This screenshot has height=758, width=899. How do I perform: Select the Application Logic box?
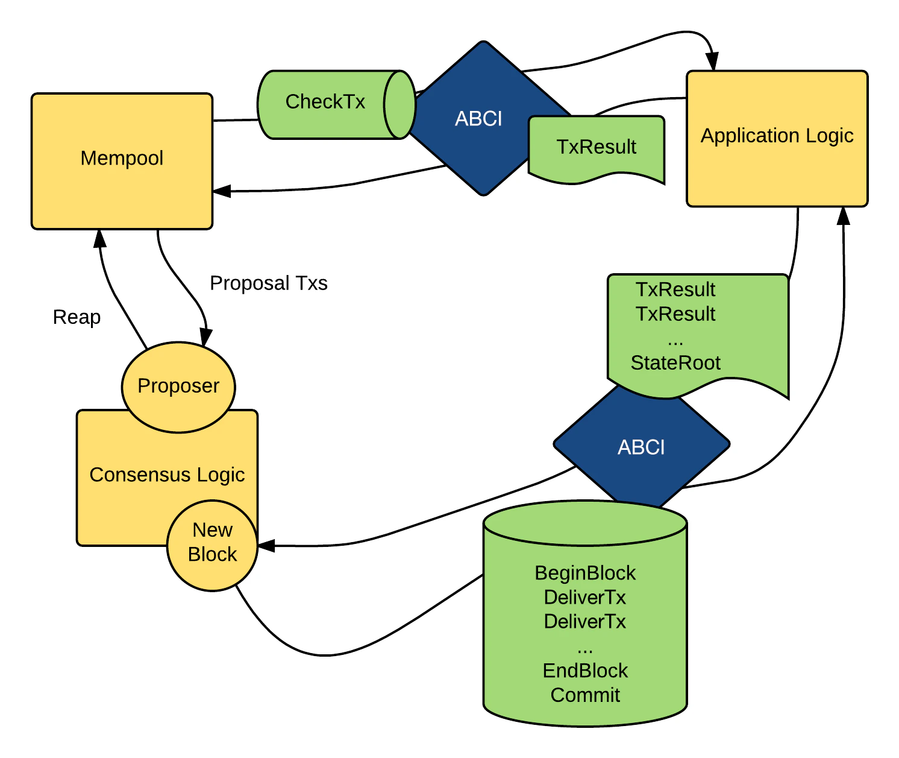pos(777,139)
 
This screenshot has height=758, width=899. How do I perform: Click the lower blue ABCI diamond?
pos(641,447)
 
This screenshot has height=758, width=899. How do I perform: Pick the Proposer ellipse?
pos(178,386)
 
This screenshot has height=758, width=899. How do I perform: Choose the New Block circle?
pos(212,543)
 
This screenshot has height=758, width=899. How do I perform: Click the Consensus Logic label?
pos(167,475)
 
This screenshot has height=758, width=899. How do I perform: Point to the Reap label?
pos(77,317)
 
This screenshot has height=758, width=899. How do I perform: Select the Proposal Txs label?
pos(268,283)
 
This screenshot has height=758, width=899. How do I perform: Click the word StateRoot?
pos(675,363)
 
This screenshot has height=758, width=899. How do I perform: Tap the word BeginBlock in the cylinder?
pos(585,573)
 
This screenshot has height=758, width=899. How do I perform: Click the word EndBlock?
pos(585,671)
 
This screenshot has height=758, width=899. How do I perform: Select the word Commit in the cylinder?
pos(585,695)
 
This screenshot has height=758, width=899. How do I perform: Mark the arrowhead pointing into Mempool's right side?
pos(221,191)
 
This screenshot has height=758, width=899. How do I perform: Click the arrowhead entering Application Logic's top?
pos(713,62)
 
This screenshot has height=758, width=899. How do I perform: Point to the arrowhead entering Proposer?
pos(206,338)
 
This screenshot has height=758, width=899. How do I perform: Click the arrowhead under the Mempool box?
pos(100,238)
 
